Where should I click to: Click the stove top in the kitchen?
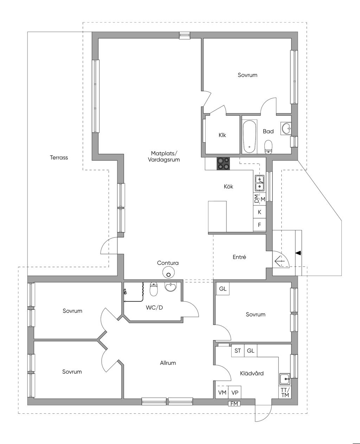pos(223,163)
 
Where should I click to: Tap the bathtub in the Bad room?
pos(250,137)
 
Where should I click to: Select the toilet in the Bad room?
pos(268,147)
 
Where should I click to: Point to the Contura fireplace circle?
pos(168,273)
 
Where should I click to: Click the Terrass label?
pos(59,157)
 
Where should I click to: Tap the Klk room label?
pos(222,135)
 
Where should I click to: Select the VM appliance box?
pos(222,392)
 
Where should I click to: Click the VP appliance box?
pos(235,392)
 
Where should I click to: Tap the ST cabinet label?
pos(238,351)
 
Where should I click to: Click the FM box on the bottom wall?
pos(234,404)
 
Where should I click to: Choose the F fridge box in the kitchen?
pos(259,225)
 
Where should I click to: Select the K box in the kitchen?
pos(259,212)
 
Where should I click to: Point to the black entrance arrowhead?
pos(298,253)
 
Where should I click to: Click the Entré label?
pos(239,257)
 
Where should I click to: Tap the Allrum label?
pos(168,363)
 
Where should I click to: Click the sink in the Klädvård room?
pos(285,379)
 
